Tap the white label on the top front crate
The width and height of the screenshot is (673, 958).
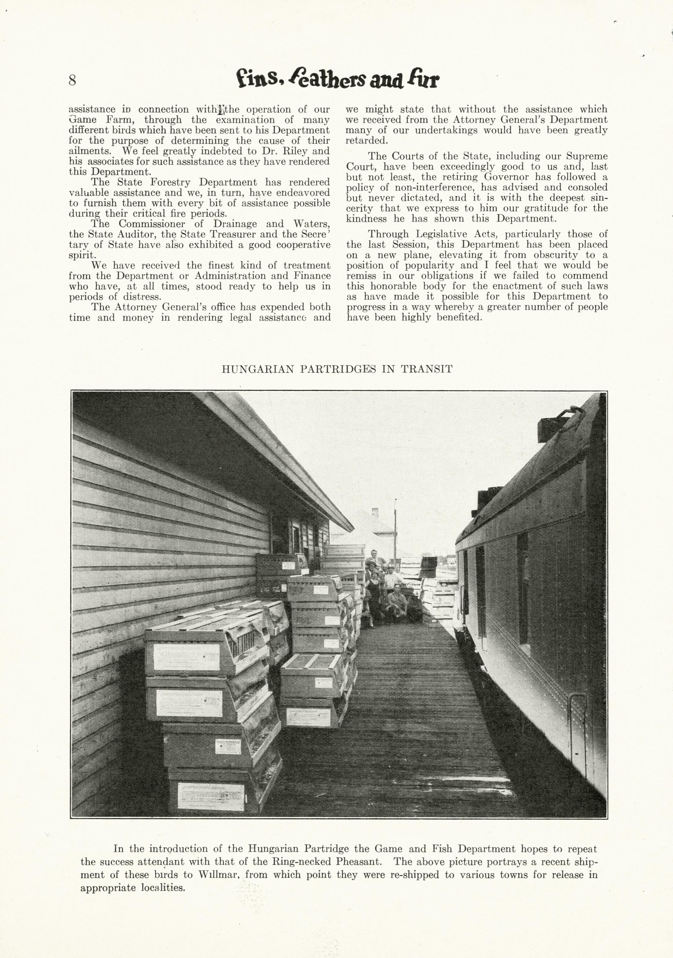pyautogui.click(x=187, y=657)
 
